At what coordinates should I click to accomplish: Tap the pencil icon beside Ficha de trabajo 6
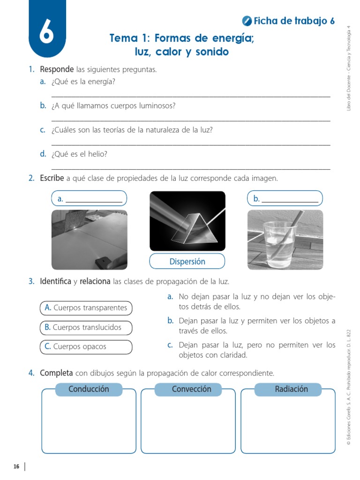pos(247,21)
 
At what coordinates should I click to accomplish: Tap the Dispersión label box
pos(187,262)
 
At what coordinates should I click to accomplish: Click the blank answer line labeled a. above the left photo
pos(94,199)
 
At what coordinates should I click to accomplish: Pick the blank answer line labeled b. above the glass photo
pos(290,199)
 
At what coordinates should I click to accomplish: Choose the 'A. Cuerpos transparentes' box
pos(86,308)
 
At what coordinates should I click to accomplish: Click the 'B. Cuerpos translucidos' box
pos(86,328)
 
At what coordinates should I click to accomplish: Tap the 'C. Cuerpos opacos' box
pos(86,347)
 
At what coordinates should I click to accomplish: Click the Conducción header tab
pos(89,389)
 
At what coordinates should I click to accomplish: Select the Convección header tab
pos(191,389)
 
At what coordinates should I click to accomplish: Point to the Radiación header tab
pos(291,389)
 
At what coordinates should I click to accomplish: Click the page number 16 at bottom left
pos(16,466)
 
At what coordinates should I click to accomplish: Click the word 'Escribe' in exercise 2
pos(52,178)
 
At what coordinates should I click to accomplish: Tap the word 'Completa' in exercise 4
pos(56,373)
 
